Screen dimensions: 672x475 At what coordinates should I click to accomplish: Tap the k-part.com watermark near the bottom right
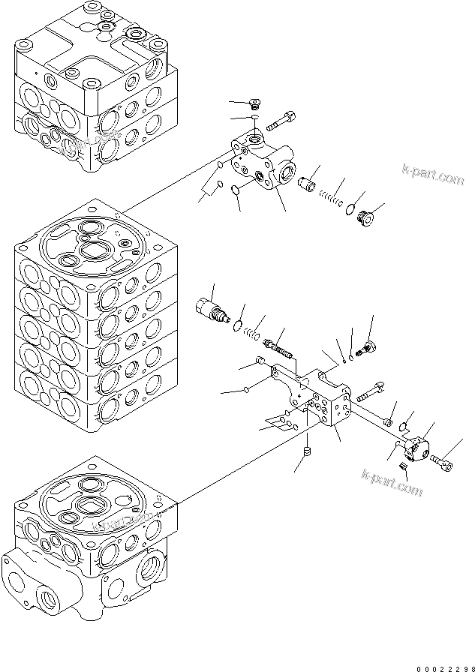(x=392, y=482)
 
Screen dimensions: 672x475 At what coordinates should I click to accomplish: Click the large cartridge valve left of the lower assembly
(x=212, y=310)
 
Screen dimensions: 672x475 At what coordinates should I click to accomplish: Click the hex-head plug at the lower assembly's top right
(x=368, y=346)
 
